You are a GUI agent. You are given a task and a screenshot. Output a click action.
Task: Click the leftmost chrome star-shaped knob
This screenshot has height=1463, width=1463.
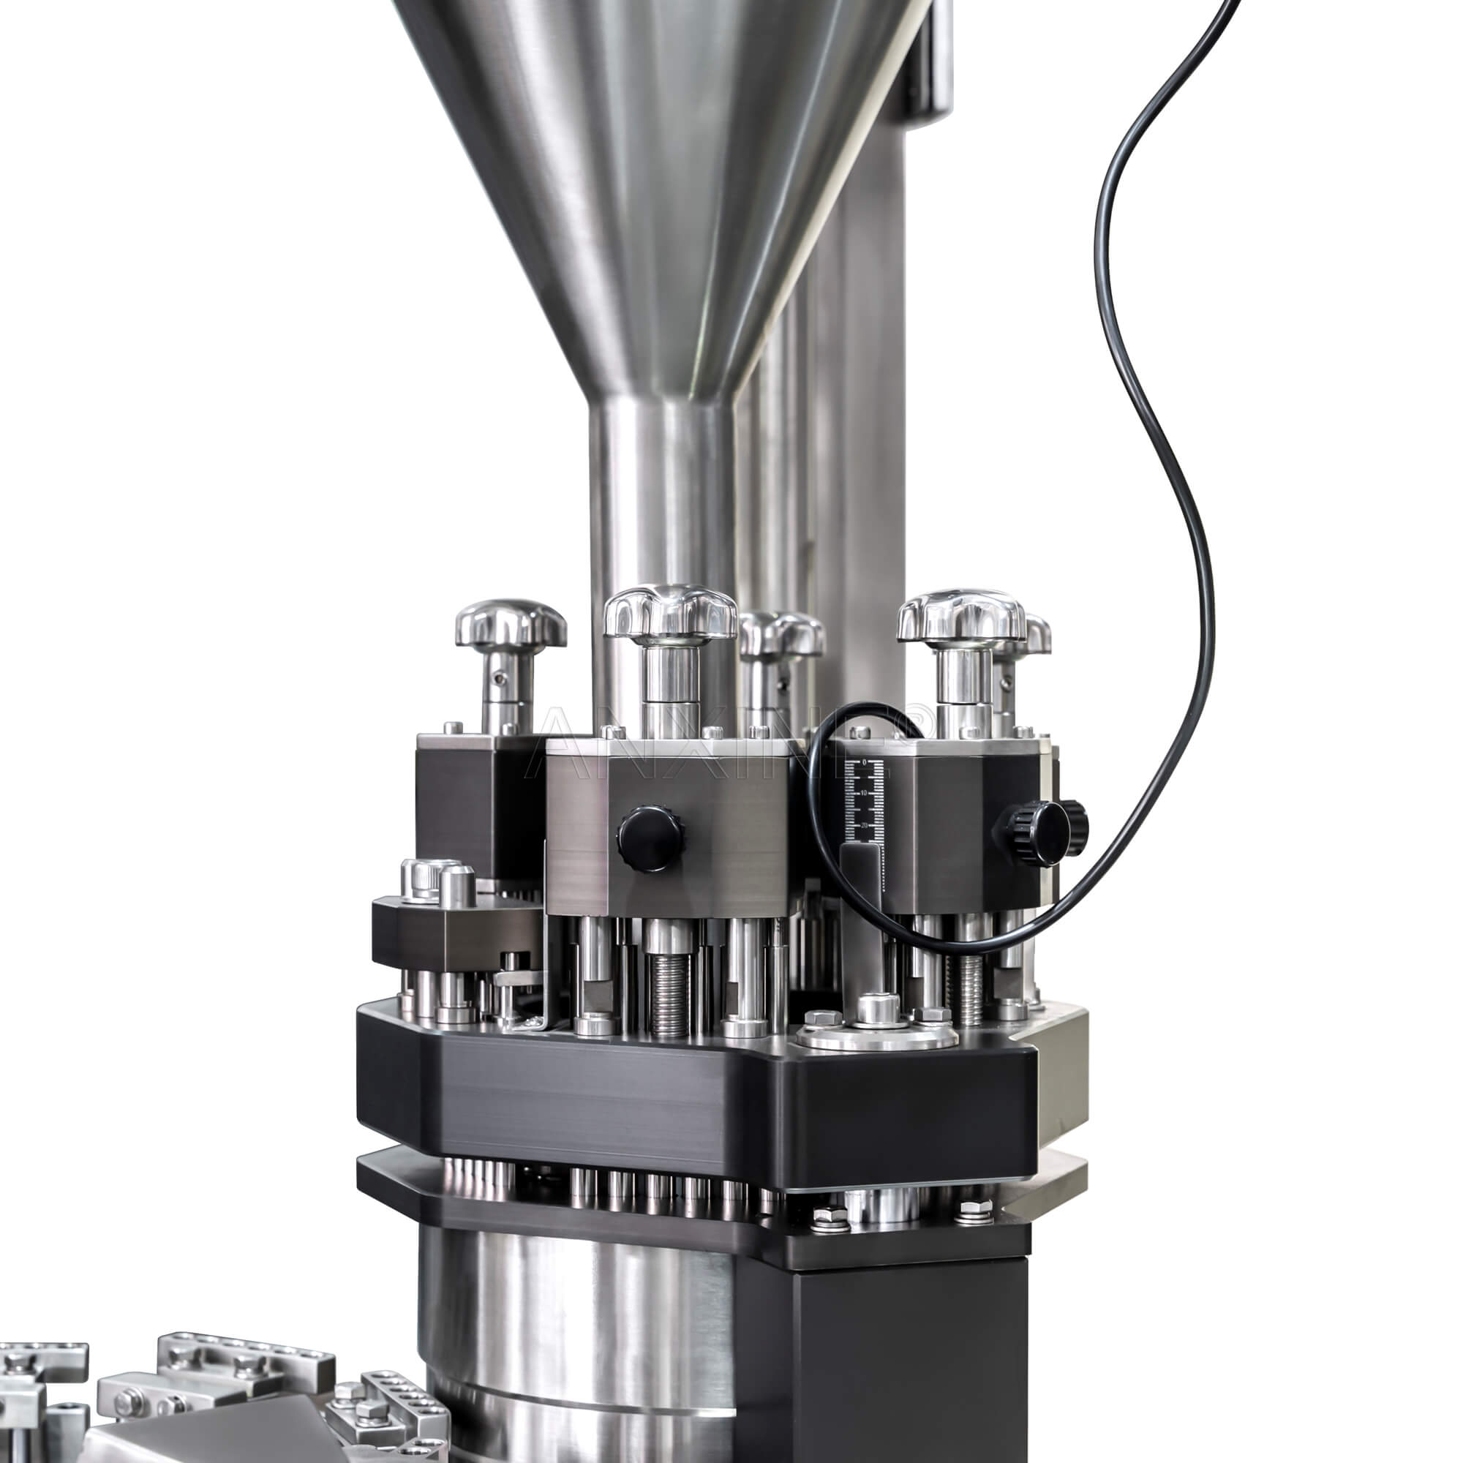click(511, 625)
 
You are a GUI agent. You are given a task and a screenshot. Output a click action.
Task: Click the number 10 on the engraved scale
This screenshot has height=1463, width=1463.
click(864, 792)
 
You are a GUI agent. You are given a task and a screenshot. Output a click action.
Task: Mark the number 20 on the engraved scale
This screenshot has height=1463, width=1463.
click(864, 824)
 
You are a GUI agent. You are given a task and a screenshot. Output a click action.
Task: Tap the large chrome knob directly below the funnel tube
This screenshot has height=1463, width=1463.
click(669, 611)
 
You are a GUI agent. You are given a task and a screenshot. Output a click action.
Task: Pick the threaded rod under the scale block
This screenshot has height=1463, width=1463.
click(971, 985)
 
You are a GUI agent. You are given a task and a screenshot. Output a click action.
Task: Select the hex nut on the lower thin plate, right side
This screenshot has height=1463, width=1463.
click(974, 1209)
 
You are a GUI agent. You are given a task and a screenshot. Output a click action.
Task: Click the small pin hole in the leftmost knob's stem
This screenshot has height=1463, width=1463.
click(496, 669)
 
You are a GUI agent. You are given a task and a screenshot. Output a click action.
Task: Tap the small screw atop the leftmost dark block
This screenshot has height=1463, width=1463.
click(452, 727)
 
